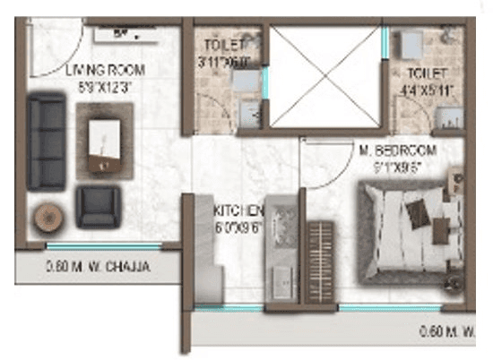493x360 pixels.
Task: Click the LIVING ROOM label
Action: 105,69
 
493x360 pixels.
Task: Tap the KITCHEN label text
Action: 238,211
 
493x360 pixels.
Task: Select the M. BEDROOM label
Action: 397,150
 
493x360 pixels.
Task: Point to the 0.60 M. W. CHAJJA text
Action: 97,266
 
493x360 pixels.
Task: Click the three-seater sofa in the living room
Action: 45,142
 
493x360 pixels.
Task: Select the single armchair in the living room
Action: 97,207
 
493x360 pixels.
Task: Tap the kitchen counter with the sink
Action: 283,255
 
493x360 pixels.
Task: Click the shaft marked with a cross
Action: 324,77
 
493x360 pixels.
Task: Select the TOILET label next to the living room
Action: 223,44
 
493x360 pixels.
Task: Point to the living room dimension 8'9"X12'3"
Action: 106,88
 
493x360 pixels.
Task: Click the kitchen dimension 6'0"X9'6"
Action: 238,227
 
